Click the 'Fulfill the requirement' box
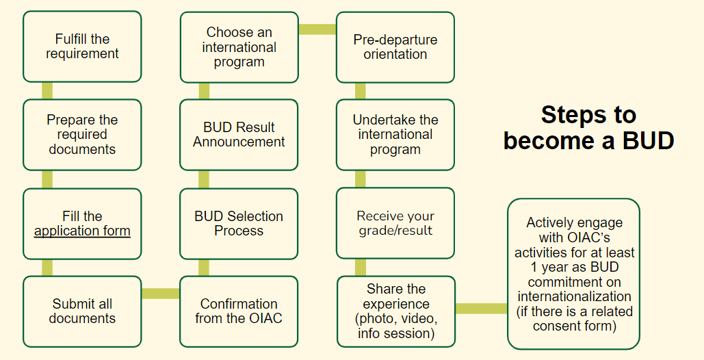coord(82,47)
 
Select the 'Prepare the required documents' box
coord(82,135)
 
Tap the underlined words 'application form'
coord(82,231)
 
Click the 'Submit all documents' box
coord(82,311)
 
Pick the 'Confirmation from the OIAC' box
coord(239,311)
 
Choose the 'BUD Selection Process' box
coord(239,224)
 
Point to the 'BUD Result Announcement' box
coord(239,135)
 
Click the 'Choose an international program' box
coord(239,47)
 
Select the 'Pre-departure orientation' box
coord(395,47)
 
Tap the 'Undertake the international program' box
coord(395,135)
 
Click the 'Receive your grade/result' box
coord(395,224)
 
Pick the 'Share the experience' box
coord(395,311)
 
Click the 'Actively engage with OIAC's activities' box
coord(574,274)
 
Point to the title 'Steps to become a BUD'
coord(588,127)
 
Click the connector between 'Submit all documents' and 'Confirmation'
coord(161,294)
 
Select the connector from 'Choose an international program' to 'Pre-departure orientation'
coord(317,29)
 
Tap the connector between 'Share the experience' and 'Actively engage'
coord(481,309)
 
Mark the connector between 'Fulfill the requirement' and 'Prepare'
coord(47,91)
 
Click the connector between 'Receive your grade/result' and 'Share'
coord(361,267)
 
